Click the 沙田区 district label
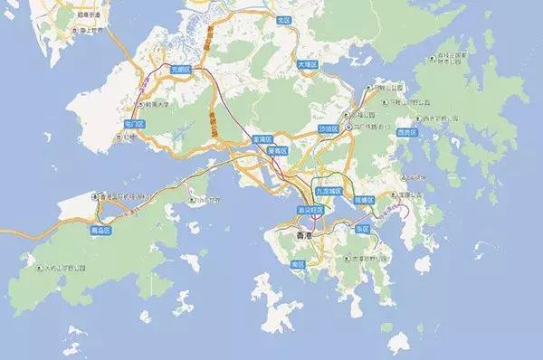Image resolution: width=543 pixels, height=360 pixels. point(327,130)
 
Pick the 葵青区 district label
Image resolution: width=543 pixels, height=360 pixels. point(278,150)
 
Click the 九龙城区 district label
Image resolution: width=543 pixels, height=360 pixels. point(329,192)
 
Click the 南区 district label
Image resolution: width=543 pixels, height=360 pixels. point(298,263)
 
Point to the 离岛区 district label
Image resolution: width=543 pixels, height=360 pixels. point(113,231)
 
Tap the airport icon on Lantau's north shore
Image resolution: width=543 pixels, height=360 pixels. point(96,196)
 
